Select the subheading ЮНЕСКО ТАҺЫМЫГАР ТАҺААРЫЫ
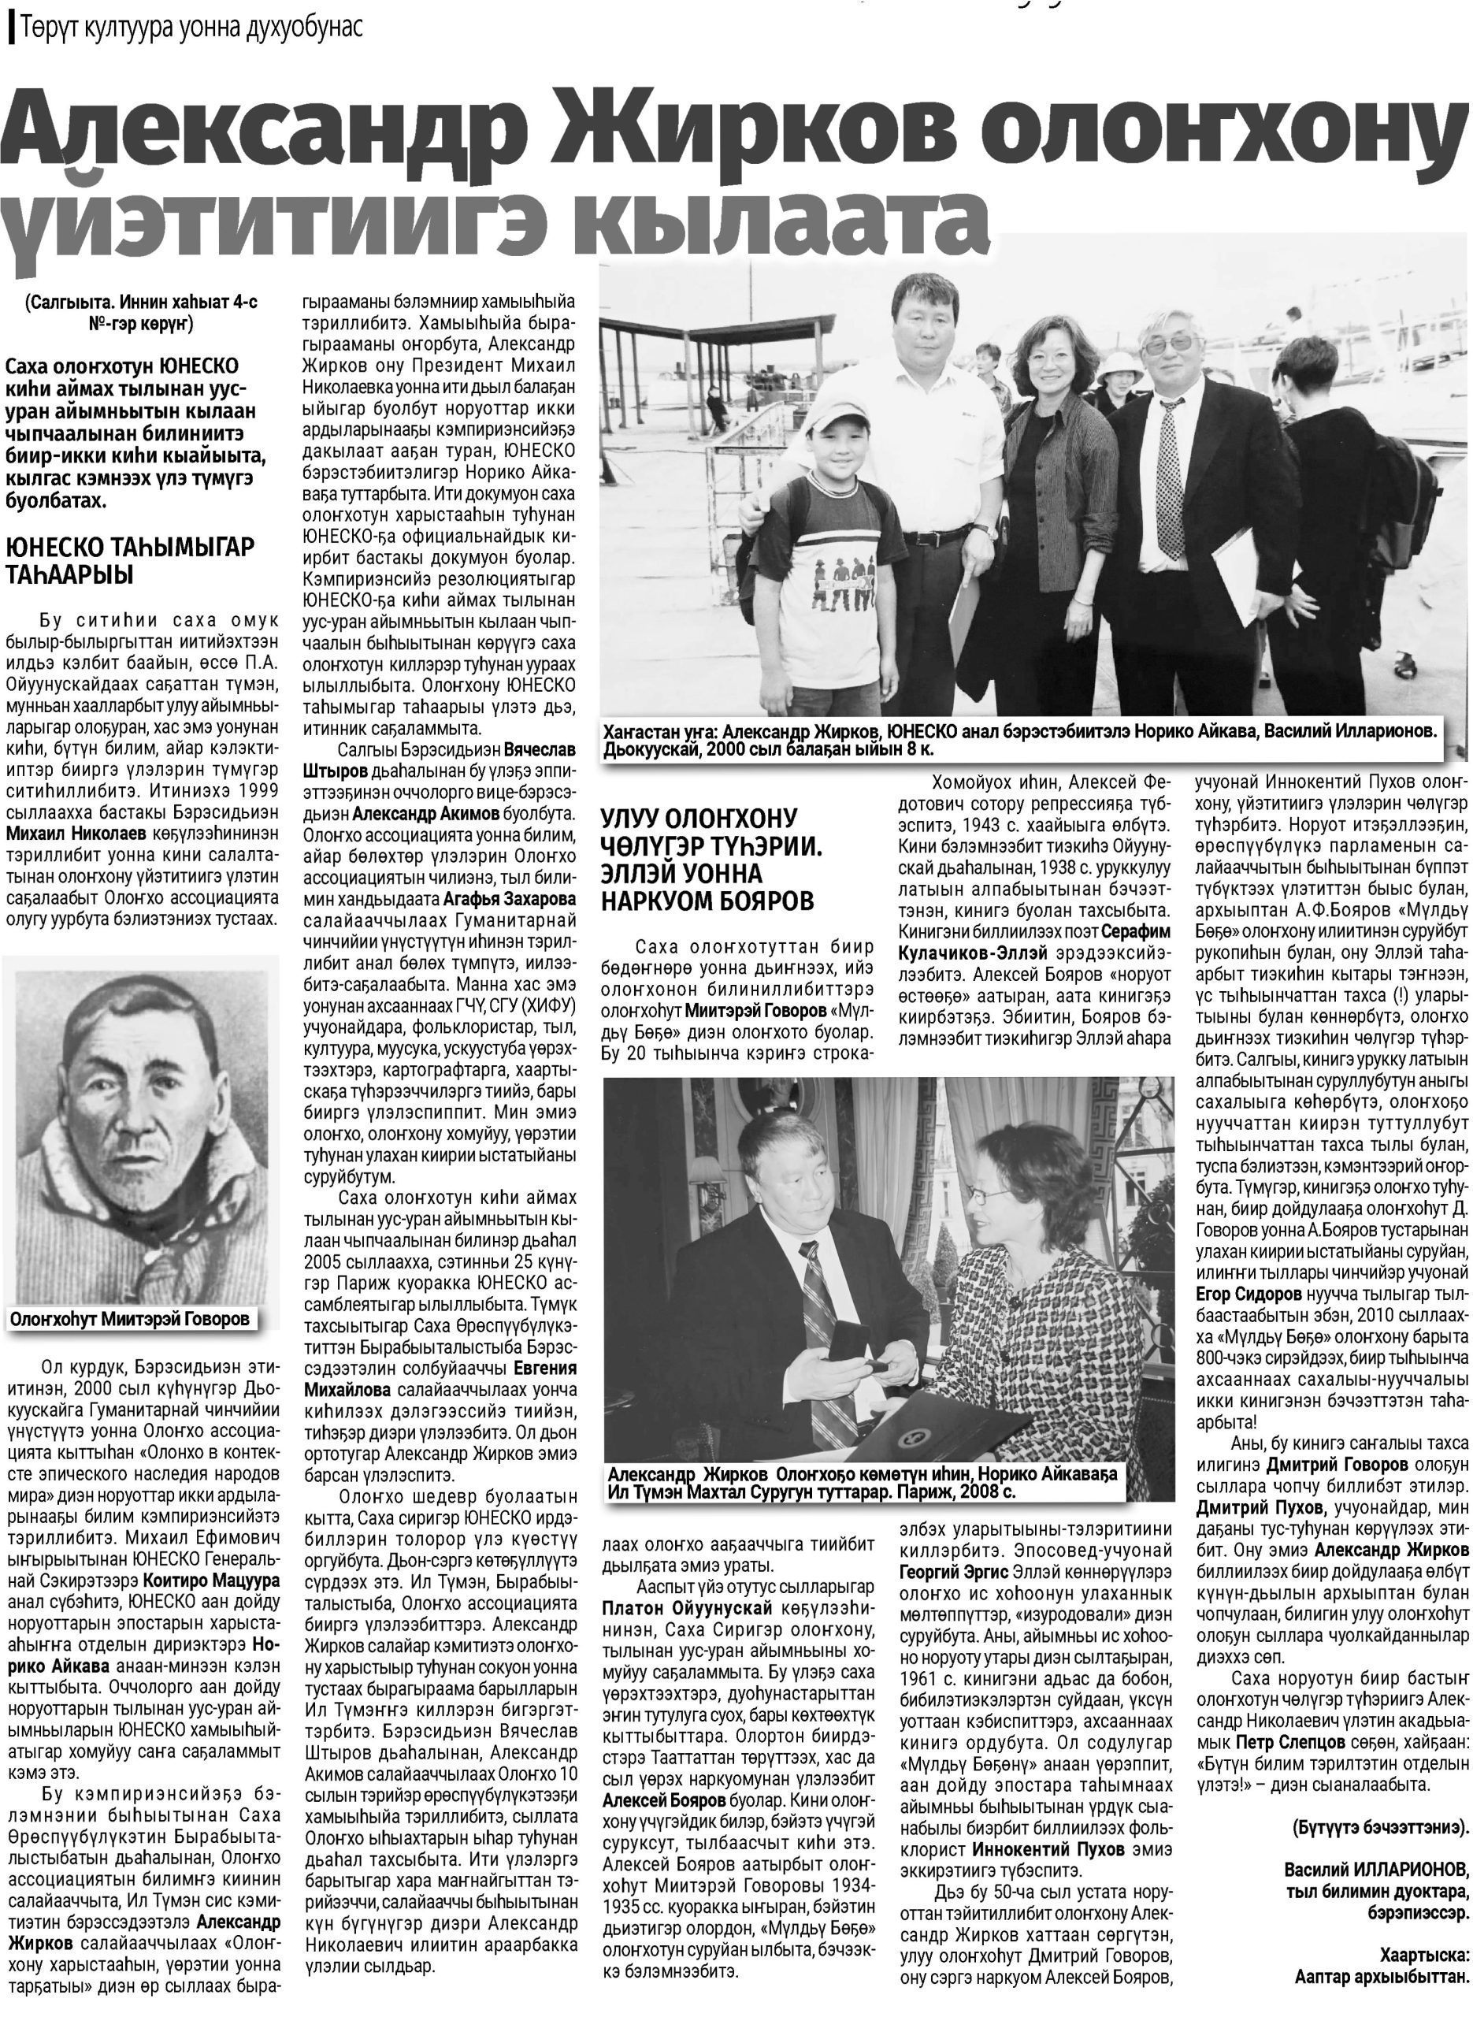point(129,559)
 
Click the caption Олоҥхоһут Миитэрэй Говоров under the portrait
point(130,1319)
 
